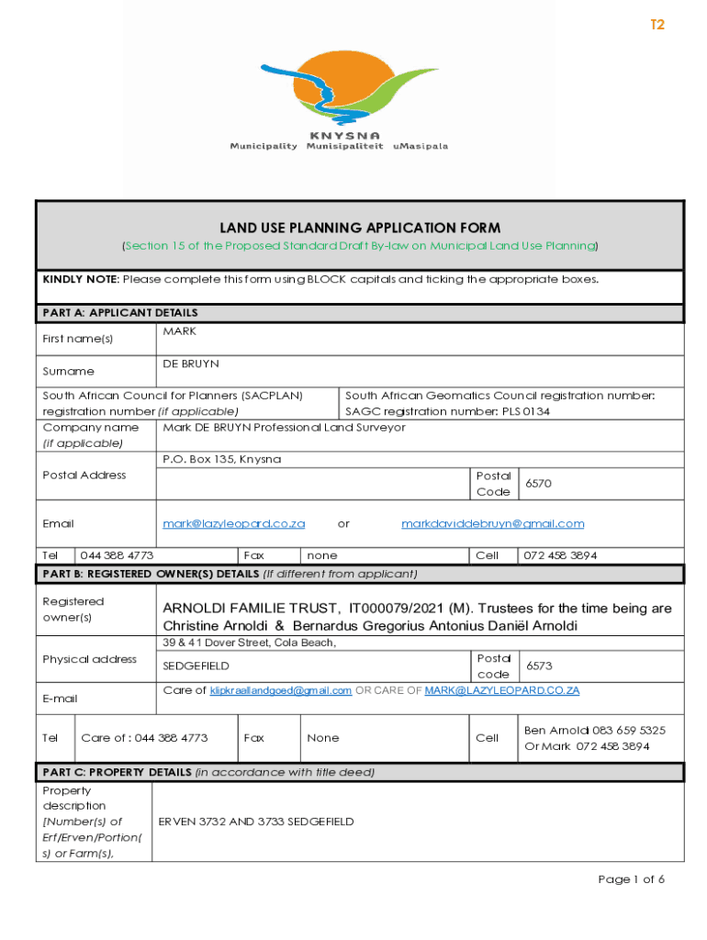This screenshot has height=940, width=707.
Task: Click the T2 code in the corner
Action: [x=657, y=25]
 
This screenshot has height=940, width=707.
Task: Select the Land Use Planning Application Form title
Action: [x=360, y=228]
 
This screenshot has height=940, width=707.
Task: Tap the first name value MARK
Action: [x=179, y=330]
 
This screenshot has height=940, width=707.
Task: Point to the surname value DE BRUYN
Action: [x=191, y=364]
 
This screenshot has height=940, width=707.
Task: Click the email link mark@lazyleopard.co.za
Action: [x=233, y=523]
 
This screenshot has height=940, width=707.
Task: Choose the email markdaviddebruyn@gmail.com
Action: [x=492, y=523]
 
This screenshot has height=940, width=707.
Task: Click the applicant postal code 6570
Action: [x=538, y=483]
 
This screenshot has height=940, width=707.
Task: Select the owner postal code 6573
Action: [x=538, y=666]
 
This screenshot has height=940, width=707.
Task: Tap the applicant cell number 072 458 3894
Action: [x=560, y=555]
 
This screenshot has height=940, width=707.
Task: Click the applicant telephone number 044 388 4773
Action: [x=117, y=555]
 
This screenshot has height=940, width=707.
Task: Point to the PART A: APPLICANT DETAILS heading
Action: [x=120, y=313]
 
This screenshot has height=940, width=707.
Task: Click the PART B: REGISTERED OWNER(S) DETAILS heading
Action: [x=230, y=574]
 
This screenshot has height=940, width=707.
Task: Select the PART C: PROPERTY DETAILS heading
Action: [x=208, y=772]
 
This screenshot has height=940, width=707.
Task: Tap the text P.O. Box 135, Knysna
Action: [x=221, y=459]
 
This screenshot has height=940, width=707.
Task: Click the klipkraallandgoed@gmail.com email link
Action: [x=281, y=690]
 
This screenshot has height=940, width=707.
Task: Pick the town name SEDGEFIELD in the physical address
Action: [x=196, y=666]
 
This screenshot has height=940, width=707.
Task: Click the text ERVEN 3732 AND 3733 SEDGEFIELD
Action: [x=256, y=822]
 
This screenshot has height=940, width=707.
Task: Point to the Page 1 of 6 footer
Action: [x=631, y=879]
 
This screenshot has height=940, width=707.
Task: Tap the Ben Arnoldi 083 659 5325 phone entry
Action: [x=594, y=730]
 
